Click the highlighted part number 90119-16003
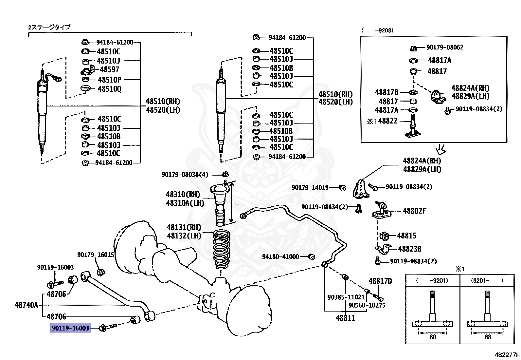pos(70,328)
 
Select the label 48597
pos(109,69)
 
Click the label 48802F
pos(414,211)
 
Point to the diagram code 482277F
pos(507,355)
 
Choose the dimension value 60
pos(432,337)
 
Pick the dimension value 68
pos(487,337)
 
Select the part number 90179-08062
pos(444,47)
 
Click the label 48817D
pos(380,281)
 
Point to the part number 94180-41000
pos(280,257)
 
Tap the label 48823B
pos(409,249)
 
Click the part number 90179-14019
pos(310,188)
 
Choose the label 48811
pos(345,318)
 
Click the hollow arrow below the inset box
pos(441,150)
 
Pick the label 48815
pos(406,236)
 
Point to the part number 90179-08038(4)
pos(185,175)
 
